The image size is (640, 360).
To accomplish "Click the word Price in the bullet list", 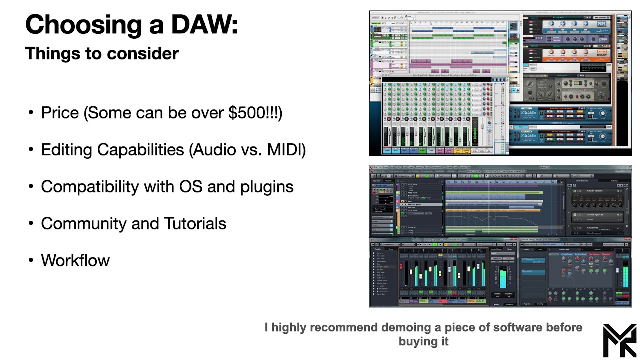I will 60,113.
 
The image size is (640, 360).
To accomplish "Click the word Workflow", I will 75,260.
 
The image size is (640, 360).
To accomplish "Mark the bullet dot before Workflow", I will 31,261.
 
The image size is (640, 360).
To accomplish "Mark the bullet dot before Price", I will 31,113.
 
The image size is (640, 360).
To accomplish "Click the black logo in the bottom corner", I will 619,340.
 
